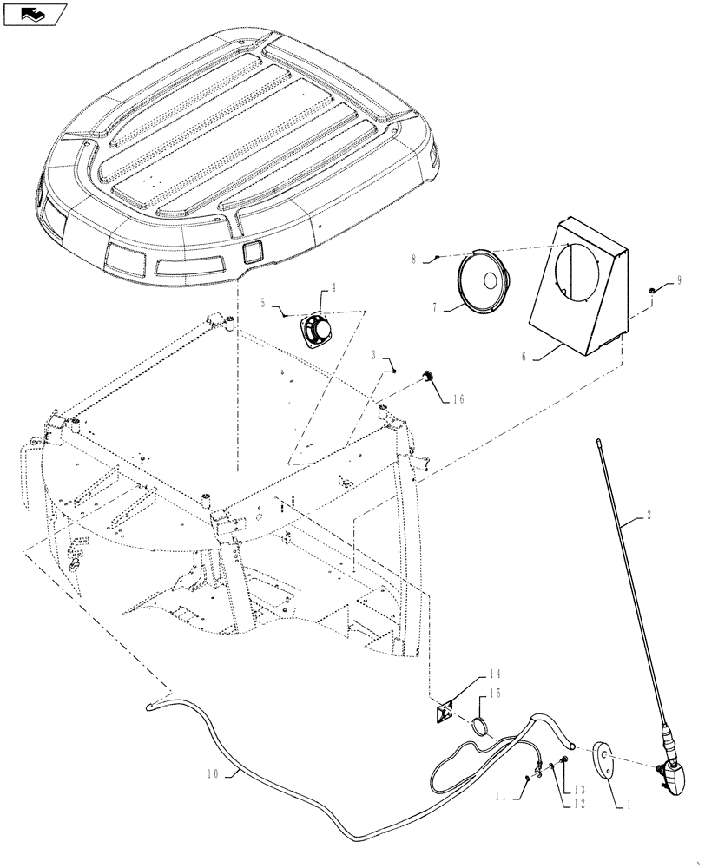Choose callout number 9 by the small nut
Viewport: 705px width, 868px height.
click(x=679, y=280)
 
